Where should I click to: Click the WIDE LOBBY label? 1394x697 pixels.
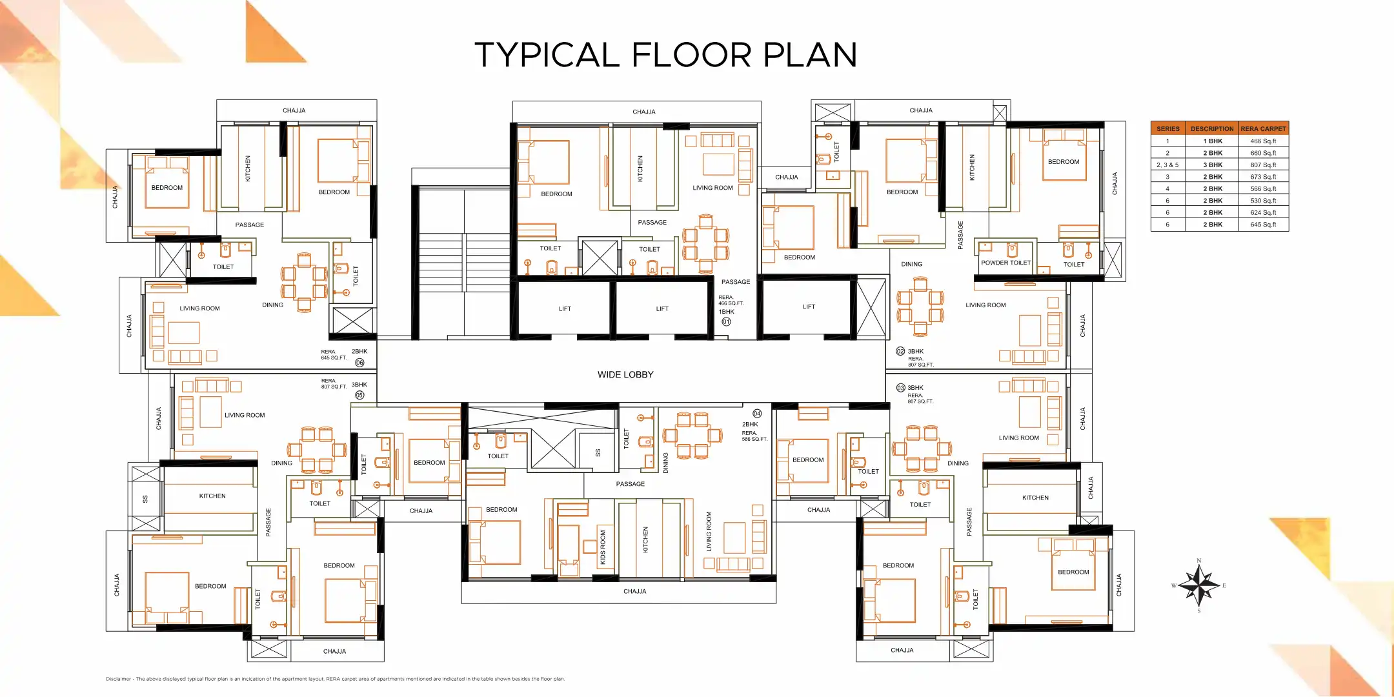coord(625,374)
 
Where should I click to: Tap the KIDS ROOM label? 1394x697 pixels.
coord(603,547)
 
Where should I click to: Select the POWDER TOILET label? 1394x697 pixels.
coord(1005,263)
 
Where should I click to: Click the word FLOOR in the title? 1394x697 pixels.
coord(692,55)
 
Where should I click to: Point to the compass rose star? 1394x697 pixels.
coord(1199,585)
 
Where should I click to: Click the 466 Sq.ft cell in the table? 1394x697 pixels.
coord(1263,141)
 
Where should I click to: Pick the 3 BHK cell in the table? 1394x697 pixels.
coord(1213,165)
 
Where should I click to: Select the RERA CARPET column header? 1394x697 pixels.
coord(1263,128)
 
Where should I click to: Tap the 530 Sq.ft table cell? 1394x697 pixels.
coord(1263,200)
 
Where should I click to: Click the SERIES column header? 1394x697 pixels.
coord(1168,128)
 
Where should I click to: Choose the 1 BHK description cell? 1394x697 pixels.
coord(1213,141)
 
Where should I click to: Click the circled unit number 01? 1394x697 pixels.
coord(726,321)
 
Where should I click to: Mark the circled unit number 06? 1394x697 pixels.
coord(359,363)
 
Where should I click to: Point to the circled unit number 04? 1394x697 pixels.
coord(757,413)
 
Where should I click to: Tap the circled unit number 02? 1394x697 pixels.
coord(900,351)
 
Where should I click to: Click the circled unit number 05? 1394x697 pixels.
coord(359,395)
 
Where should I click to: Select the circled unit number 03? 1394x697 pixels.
coord(900,388)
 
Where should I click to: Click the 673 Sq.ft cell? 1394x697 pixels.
coord(1263,176)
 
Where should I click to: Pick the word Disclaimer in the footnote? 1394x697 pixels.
coord(119,679)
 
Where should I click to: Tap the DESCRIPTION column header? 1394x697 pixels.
coord(1212,128)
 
